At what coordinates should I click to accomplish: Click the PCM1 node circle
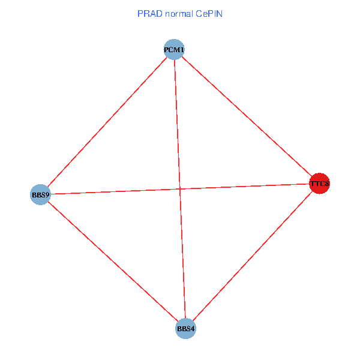click(x=173, y=49)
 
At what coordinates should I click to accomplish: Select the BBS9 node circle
click(x=40, y=194)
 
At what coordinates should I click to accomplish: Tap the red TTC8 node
click(x=319, y=183)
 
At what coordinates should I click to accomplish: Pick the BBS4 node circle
click(x=186, y=329)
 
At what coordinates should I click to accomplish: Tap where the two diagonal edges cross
click(x=179, y=188)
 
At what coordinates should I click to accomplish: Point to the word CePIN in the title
click(x=209, y=13)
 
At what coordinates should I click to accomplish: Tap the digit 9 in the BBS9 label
click(x=47, y=194)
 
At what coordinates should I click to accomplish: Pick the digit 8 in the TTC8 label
click(x=327, y=183)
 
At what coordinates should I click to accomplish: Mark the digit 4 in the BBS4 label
click(x=193, y=329)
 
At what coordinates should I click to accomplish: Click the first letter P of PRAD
click(x=140, y=13)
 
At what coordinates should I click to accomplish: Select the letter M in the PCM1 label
click(x=176, y=49)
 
